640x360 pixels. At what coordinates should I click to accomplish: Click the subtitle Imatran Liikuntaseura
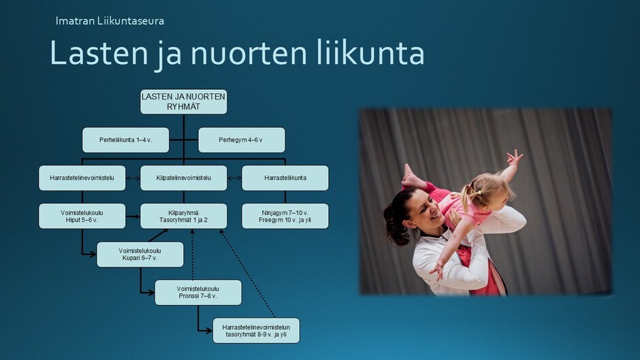[110, 21]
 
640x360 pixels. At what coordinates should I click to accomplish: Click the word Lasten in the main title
[98, 53]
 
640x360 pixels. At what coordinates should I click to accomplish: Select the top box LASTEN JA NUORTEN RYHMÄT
[184, 101]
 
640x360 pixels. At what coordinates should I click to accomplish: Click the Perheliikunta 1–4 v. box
[126, 140]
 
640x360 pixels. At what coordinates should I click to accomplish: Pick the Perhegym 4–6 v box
[242, 140]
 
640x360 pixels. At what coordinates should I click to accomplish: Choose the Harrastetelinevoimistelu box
[82, 178]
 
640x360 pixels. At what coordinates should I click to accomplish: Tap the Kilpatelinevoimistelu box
[184, 178]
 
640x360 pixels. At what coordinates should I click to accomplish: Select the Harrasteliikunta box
[285, 178]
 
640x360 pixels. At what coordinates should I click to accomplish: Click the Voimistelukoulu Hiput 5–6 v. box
[82, 216]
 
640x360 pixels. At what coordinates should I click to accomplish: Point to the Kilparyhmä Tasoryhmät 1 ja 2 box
[184, 216]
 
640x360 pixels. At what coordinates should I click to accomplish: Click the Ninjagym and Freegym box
[285, 216]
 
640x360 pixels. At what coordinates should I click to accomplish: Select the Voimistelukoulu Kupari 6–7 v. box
[140, 255]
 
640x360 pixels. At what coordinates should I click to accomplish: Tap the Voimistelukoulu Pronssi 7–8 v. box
[198, 292]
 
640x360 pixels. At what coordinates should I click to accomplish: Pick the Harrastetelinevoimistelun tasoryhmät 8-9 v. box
[256, 331]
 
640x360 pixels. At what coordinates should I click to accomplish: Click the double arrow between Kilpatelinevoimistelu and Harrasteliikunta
[234, 178]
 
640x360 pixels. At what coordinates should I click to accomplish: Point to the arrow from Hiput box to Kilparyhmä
[133, 216]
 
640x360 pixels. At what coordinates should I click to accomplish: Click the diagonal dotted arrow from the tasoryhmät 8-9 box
[247, 274]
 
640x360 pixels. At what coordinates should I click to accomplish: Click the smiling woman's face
[424, 208]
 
